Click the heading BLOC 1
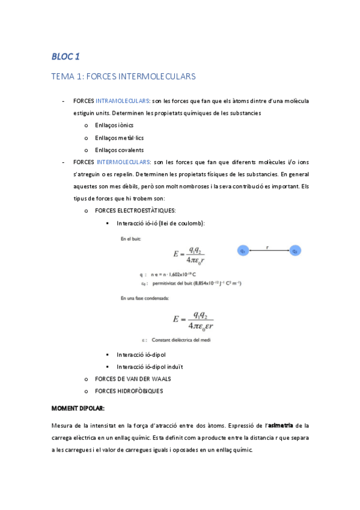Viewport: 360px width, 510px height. pos(66,57)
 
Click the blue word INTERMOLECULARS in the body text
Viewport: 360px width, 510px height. pos(123,162)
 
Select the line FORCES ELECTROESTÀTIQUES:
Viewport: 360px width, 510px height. pos(135,210)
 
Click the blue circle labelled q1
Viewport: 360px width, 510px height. pos(244,250)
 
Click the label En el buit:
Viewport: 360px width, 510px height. pos(130,239)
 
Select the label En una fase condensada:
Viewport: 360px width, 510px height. pos(144,298)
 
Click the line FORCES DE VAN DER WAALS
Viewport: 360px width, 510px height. pos(133,378)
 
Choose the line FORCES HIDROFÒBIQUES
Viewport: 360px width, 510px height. pos(129,390)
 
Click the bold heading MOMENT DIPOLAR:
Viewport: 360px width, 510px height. pos(78,408)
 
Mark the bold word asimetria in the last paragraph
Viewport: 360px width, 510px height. pos(280,425)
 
